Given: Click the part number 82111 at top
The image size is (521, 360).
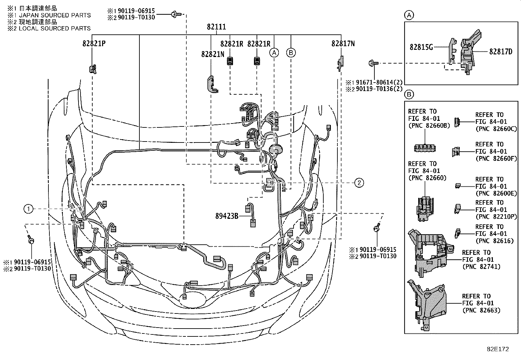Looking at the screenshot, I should pyautogui.click(x=216, y=27).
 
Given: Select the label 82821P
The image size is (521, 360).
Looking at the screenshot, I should pyautogui.click(x=94, y=44).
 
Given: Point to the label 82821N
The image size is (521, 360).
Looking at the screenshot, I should pyautogui.click(x=212, y=54).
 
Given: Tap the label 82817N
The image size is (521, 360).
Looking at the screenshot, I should pyautogui.click(x=343, y=44).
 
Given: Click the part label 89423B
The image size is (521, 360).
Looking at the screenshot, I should pyautogui.click(x=227, y=216).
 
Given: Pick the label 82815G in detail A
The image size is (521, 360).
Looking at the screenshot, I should pyautogui.click(x=421, y=47).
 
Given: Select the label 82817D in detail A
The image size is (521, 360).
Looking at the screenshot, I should pyautogui.click(x=501, y=51).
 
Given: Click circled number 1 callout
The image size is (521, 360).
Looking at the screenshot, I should pyautogui.click(x=28, y=209).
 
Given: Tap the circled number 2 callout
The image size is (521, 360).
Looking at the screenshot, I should pyautogui.click(x=359, y=183).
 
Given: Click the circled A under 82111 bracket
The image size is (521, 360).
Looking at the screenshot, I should pyautogui.click(x=274, y=52).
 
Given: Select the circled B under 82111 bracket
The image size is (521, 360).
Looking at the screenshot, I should pyautogui.click(x=291, y=52).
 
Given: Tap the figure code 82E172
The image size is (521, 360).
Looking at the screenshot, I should pyautogui.click(x=497, y=349).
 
